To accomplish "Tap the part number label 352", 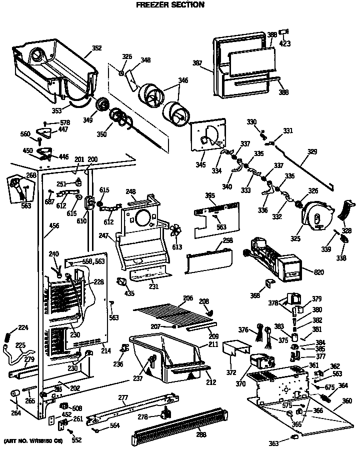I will point(96,48).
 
